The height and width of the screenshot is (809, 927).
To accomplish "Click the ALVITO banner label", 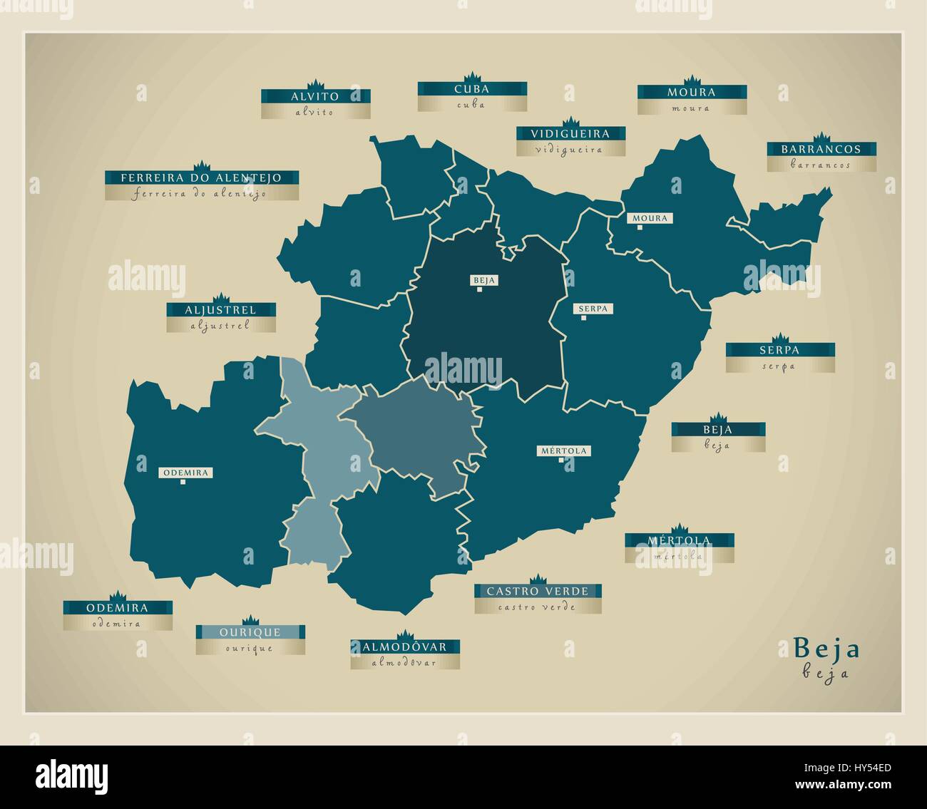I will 315,96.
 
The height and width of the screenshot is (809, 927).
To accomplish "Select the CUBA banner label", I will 472,89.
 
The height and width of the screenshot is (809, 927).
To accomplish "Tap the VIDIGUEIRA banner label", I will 570,133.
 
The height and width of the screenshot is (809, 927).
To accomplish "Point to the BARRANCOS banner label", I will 821,150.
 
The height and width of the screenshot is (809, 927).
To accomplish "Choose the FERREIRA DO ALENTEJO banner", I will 201,177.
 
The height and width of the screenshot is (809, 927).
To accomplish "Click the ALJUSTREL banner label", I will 220,310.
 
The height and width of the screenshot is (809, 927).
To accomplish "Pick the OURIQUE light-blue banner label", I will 250,632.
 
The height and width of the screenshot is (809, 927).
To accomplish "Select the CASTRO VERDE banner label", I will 538,591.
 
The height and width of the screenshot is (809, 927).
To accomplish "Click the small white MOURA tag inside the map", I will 650,218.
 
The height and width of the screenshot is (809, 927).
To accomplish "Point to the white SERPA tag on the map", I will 593,309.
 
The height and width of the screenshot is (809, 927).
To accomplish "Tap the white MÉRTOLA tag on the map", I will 564,450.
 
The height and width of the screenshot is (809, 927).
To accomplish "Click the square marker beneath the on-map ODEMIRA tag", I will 183,483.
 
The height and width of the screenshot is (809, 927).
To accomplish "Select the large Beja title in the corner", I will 827,649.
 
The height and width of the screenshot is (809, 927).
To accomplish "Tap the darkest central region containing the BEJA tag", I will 485,328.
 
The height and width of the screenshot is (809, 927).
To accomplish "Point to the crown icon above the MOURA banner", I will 690,80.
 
